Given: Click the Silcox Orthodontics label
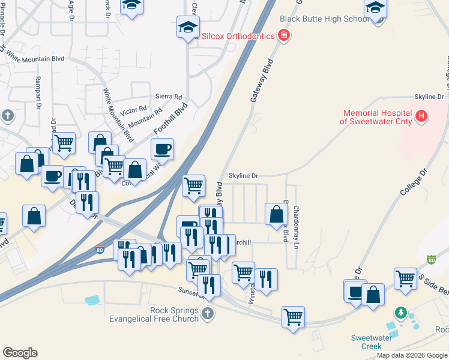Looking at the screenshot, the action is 238,36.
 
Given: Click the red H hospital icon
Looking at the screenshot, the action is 421,116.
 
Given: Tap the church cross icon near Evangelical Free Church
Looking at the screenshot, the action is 207,313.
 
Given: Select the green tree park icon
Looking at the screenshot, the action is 401,313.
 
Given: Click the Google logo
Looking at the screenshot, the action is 20,353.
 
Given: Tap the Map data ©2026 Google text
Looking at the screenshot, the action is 412,355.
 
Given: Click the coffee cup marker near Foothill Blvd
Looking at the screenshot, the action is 162,148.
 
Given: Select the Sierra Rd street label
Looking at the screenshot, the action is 168,97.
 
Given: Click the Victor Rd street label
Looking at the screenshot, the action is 133,111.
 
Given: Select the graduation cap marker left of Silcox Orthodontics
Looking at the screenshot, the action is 188,27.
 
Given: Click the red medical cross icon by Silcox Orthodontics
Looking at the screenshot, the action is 284,36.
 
